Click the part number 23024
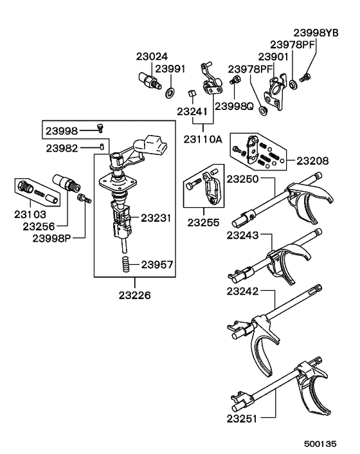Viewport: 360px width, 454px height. point(152,56)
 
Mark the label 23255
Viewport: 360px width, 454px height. point(204,224)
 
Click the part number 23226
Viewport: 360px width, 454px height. point(134,296)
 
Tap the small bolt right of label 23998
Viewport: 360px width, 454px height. point(100,129)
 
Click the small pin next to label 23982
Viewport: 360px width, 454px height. point(102,147)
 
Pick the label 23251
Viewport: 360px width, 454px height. point(241,419)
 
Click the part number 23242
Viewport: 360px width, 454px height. point(242,291)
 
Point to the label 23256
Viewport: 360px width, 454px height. point(39,226)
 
